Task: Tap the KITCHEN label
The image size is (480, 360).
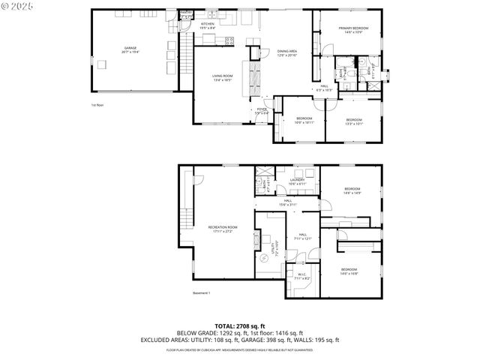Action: click(208, 25)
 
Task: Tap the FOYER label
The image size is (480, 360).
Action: click(262, 110)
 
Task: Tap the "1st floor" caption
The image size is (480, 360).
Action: click(97, 105)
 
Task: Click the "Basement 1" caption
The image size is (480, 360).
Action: click(202, 292)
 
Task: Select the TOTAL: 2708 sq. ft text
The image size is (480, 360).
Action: click(239, 325)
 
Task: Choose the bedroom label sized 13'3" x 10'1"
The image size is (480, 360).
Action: click(353, 121)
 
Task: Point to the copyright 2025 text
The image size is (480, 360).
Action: click(19, 7)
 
